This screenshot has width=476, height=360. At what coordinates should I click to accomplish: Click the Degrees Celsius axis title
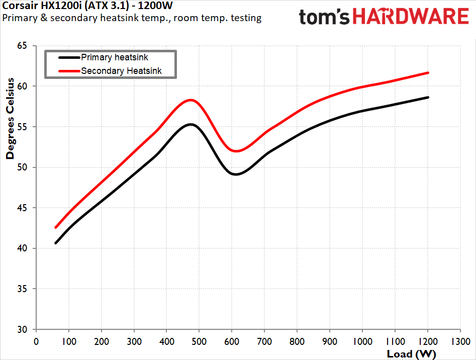pyautogui.click(x=10, y=121)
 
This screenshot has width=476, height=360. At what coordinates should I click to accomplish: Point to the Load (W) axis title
pyautogui.click(x=408, y=353)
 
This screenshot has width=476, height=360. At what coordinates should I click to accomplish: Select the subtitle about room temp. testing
pyautogui.click(x=132, y=18)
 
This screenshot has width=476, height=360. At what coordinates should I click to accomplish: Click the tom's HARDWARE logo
pyautogui.click(x=384, y=17)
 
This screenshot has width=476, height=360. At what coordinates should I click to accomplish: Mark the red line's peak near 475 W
pyautogui.click(x=191, y=100)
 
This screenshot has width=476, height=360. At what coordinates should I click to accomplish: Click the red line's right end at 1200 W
pyautogui.click(x=428, y=73)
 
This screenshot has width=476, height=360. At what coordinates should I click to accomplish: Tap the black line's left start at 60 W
pyautogui.click(x=56, y=243)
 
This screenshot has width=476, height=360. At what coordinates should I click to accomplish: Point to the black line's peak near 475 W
pyautogui.click(x=191, y=124)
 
